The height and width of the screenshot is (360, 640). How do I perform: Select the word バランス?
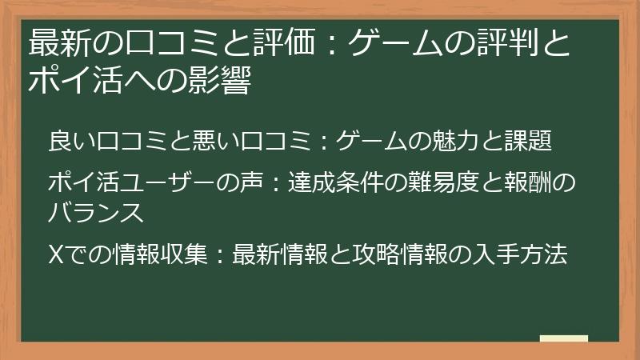95,213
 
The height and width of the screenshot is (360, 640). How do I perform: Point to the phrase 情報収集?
161,255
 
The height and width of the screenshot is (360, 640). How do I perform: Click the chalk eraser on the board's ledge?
563,338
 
